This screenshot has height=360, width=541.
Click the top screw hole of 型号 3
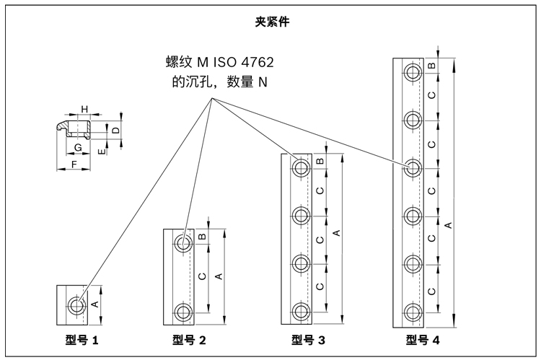point(300,167)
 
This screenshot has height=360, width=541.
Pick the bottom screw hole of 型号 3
point(300,312)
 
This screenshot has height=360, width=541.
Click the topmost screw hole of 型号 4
point(413,71)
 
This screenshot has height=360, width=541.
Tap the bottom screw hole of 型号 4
point(413,312)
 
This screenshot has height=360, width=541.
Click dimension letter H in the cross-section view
point(84,109)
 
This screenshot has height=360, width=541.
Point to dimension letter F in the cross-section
point(75,164)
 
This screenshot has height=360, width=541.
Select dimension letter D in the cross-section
point(115,130)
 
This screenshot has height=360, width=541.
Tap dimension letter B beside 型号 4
point(431,66)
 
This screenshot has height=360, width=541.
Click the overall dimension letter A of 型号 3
point(335,232)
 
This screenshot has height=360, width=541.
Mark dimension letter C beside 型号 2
point(203,276)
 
